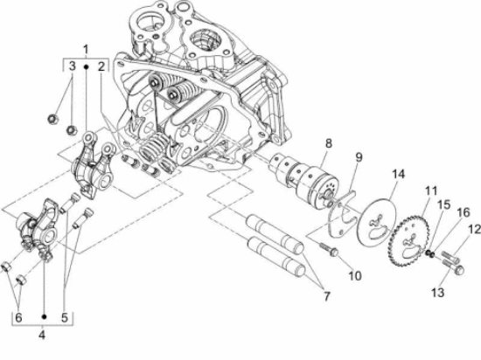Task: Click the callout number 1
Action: [86, 47]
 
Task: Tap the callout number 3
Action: [73, 66]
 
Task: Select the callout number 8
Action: [328, 143]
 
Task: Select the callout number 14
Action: [399, 175]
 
